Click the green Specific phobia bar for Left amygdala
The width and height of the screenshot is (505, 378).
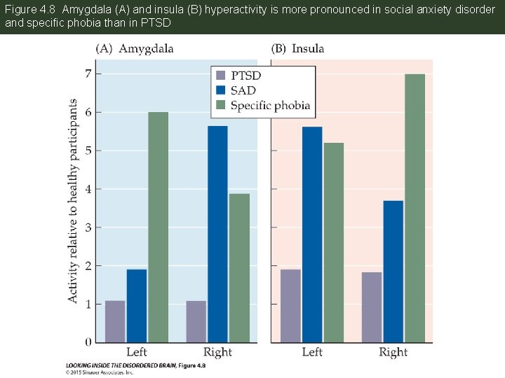(x=158, y=227)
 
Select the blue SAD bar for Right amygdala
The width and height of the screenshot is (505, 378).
(x=217, y=234)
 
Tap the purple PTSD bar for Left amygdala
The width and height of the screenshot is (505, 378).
(x=115, y=321)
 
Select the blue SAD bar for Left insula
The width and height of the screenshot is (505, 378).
(x=312, y=234)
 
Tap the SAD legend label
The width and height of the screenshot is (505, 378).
(x=243, y=90)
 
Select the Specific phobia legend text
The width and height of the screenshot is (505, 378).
(x=270, y=106)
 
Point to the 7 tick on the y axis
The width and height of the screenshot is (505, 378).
(x=88, y=73)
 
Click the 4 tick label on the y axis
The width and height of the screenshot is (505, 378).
(x=88, y=189)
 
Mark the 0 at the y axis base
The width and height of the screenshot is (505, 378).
(x=88, y=342)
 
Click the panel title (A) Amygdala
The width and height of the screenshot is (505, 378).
(x=135, y=48)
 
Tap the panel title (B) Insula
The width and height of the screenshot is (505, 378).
(x=298, y=48)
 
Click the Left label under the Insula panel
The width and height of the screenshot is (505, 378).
(x=312, y=352)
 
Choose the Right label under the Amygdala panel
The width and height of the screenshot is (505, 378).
(x=217, y=352)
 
